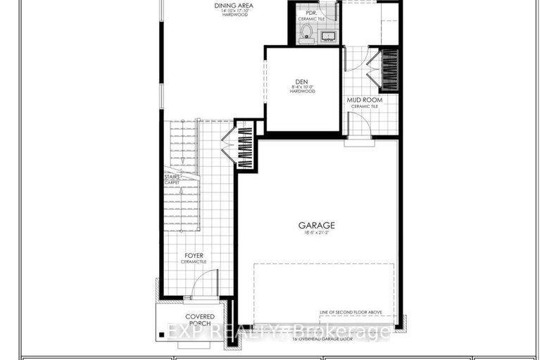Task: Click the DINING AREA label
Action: click(x=234, y=6)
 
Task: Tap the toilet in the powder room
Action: click(x=307, y=32)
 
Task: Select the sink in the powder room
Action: click(x=327, y=35)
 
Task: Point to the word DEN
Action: click(x=302, y=80)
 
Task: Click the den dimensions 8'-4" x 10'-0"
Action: click(x=302, y=87)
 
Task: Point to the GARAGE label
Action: click(x=315, y=225)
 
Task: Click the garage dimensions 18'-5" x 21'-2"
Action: click(x=315, y=233)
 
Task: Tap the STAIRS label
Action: click(x=172, y=178)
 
